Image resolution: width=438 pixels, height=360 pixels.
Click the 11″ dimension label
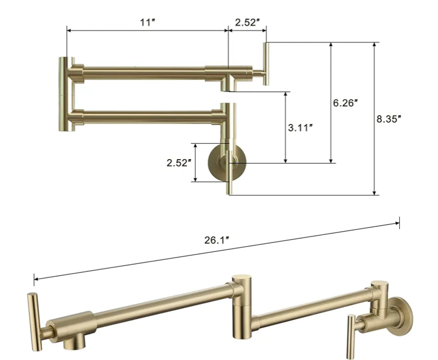147,22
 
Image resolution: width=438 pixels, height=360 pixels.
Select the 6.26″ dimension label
345,103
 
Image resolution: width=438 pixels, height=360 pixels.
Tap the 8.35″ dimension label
389,119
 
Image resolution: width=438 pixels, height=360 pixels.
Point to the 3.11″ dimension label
300,128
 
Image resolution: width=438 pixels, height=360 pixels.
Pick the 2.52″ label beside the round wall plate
179,163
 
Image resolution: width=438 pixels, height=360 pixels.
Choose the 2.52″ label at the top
248,22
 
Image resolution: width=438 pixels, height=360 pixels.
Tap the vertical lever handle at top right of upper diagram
267,64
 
